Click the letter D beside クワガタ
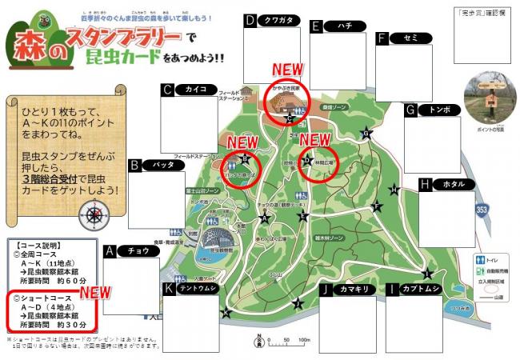(x=250, y=21)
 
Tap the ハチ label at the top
(x=345, y=26)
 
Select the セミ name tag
(x=411, y=38)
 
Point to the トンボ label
(x=439, y=110)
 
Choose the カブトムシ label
(x=419, y=289)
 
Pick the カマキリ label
(x=353, y=289)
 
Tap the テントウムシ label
(x=196, y=289)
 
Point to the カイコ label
(x=195, y=90)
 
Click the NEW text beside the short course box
(x=95, y=293)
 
